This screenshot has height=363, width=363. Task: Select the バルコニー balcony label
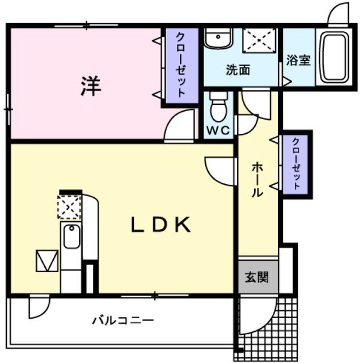point(123,320)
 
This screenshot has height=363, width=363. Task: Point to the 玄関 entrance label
point(258,278)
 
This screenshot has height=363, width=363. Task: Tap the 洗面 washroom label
point(238,71)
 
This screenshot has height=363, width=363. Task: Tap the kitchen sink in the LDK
point(71,237)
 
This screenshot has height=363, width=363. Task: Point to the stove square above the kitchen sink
point(70,207)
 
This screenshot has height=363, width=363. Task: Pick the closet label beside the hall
point(297,163)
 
